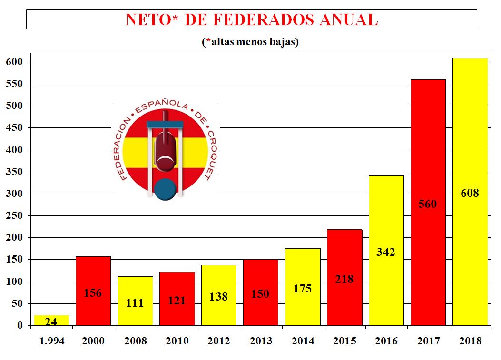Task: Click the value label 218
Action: click(344, 279)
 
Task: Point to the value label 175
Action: click(303, 288)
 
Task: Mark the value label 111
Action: click(135, 303)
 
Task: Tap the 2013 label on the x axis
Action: click(261, 341)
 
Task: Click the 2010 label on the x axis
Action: click(177, 341)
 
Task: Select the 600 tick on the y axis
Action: click(14, 62)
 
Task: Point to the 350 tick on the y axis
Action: click(14, 172)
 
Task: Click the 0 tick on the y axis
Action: click(20, 326)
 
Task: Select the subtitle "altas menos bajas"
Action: click(251, 42)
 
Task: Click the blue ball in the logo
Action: click(166, 188)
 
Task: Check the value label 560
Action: click(428, 204)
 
